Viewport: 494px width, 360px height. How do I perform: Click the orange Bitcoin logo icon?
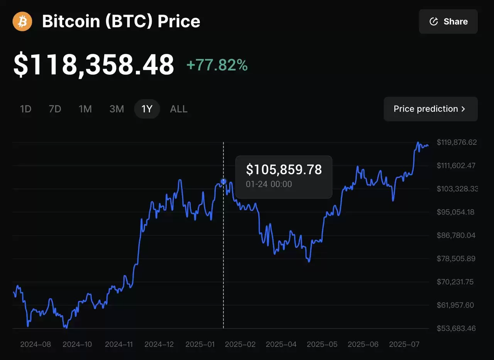[x=22, y=21]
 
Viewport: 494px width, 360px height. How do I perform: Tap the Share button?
[x=448, y=22]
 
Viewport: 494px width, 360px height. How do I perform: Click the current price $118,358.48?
[x=94, y=65]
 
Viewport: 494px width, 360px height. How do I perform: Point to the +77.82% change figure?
[x=217, y=65]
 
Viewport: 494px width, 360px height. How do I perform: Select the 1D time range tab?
[x=25, y=109]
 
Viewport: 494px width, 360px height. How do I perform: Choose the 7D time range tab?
[x=55, y=109]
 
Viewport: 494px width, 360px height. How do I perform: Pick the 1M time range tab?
[x=85, y=109]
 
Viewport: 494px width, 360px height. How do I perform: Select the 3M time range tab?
[x=117, y=109]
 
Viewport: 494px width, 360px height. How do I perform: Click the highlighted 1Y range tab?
[x=147, y=109]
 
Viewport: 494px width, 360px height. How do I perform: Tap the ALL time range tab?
[x=179, y=109]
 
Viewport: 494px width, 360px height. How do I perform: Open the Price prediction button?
[x=430, y=109]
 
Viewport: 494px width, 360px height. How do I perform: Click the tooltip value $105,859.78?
[x=284, y=170]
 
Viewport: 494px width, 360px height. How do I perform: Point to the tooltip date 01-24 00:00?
[x=269, y=184]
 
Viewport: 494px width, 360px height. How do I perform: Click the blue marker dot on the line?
[x=223, y=181]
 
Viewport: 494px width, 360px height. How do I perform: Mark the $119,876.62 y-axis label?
[x=457, y=143]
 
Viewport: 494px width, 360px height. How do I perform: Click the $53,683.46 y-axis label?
[x=456, y=328]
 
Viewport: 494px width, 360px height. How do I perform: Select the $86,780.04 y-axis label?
[x=456, y=235]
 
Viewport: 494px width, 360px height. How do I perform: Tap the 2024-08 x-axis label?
[x=36, y=344]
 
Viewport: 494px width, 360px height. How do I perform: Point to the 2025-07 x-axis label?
[x=404, y=344]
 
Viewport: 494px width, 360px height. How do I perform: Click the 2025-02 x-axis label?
[x=240, y=344]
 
